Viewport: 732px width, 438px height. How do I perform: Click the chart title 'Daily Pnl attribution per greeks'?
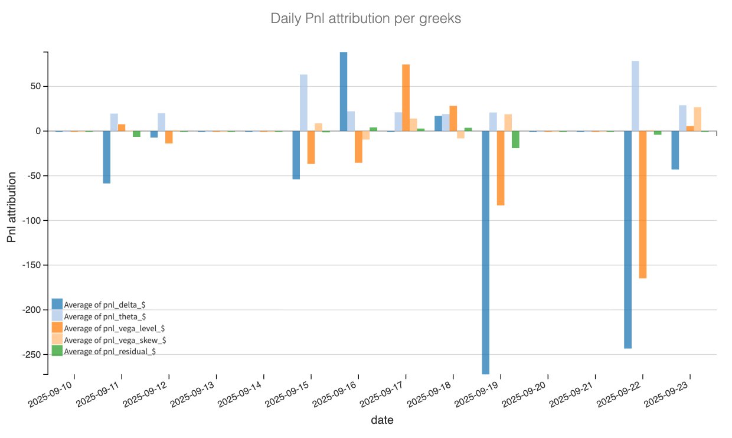365,18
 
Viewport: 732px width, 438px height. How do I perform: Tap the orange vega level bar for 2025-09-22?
643,204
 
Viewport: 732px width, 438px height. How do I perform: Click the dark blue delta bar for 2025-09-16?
344,91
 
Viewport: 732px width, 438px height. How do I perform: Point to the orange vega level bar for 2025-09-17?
406,97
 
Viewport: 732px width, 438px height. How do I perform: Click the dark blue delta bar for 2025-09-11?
107,157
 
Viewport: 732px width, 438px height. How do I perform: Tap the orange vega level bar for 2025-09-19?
501,168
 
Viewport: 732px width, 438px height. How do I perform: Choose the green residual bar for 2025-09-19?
515,139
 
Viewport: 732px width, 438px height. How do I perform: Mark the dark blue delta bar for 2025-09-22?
628,240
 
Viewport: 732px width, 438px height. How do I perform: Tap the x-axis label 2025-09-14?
239,394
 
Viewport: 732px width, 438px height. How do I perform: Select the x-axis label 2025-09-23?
665,394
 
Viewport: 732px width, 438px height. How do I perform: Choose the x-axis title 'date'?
382,420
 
